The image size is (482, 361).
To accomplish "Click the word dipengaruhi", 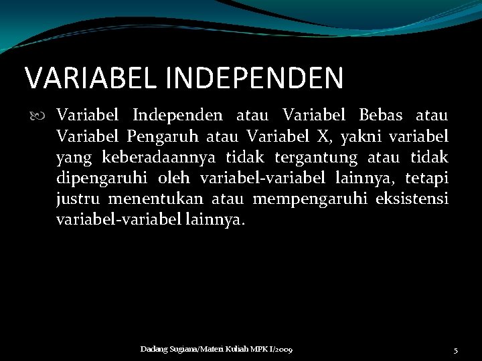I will coord(102,179).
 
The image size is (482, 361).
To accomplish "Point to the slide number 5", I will coord(455,350).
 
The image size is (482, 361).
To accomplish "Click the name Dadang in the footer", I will coord(153,350).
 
